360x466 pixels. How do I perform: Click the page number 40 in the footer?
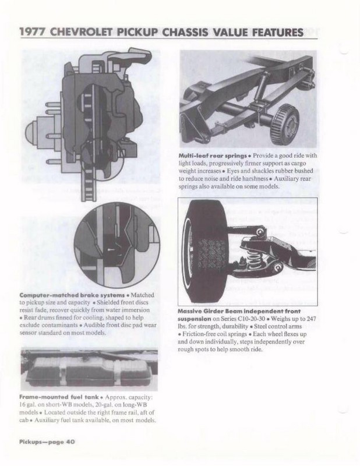pos(69,442)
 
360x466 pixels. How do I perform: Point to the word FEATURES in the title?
pos(275,33)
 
